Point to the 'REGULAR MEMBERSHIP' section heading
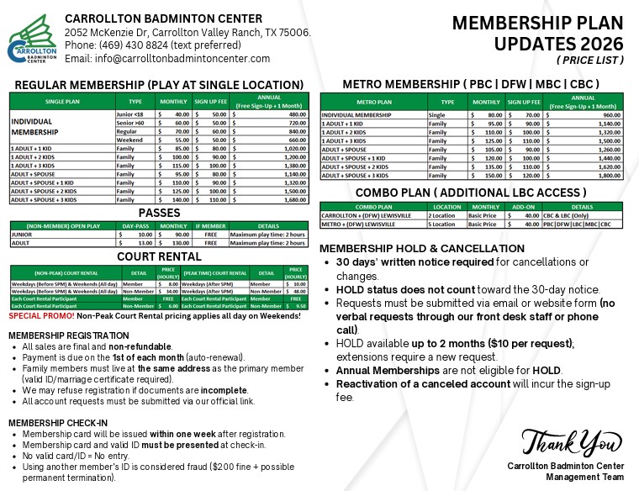pos(159,85)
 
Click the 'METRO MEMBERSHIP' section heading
pos(471,84)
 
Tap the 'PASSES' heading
pos(159,214)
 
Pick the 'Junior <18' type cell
pos(130,114)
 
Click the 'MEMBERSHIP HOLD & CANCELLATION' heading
pos(422,249)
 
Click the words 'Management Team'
pos(565,477)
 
